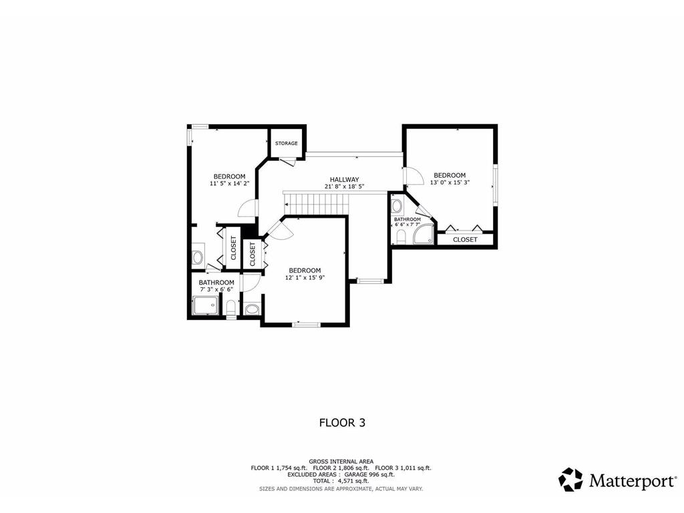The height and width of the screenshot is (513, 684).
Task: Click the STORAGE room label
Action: pos(286,144)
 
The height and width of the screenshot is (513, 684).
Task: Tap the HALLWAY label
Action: pos(344,180)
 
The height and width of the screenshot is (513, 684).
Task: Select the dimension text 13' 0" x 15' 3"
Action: pos(449,182)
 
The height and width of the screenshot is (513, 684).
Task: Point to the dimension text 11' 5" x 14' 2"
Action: pos(229,183)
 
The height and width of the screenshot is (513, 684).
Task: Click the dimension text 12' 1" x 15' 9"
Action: pos(305,277)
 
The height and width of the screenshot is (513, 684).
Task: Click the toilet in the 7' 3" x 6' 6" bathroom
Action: pos(231,308)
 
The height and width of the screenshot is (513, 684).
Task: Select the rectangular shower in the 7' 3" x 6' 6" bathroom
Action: pos(205,307)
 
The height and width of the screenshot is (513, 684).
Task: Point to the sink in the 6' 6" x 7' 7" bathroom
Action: pos(397,206)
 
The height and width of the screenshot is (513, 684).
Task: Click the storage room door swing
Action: pos(288,161)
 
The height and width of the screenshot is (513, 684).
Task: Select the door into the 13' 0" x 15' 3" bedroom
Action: pos(413,176)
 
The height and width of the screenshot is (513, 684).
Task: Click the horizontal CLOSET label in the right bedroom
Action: pos(465,240)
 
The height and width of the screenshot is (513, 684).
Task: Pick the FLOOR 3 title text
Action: pos(342,422)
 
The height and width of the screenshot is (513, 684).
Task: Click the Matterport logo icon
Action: pos(570,480)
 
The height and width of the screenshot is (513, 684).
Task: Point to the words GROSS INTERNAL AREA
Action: pos(341,462)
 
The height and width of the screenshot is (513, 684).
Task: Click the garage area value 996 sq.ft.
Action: pos(379,474)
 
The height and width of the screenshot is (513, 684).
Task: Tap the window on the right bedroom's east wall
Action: pos(495,184)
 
